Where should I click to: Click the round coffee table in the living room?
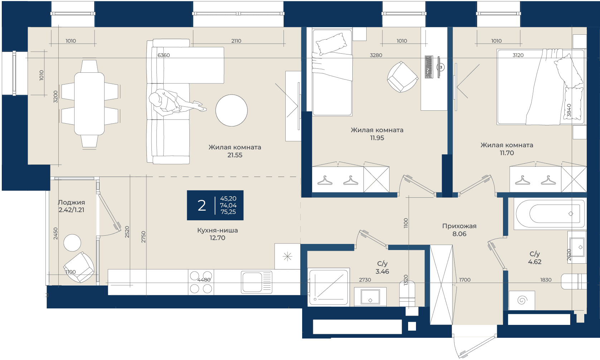tap(231, 110)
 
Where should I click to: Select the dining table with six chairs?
tap(89, 104)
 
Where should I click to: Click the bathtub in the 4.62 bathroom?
tap(550, 214)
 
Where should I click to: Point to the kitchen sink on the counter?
tap(257, 282)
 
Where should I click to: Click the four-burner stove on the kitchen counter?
tap(201, 282)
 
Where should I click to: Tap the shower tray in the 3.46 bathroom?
tap(329, 287)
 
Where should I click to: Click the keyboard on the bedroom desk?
tap(429, 67)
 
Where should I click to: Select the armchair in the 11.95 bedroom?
tap(402, 77)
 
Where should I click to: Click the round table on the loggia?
tap(72, 243)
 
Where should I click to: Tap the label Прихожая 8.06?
tap(459, 230)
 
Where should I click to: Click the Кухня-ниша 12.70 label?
tap(218, 234)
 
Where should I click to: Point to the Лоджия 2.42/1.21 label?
tap(72, 206)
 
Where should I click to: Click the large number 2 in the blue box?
tap(202, 206)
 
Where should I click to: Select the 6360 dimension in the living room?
tap(164, 55)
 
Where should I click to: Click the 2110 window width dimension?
tap(236, 41)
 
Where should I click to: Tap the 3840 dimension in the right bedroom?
tap(569, 110)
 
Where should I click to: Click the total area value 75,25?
tap(228, 212)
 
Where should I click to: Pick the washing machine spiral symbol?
tap(522, 300)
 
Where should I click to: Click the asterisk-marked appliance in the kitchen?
tap(287, 256)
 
